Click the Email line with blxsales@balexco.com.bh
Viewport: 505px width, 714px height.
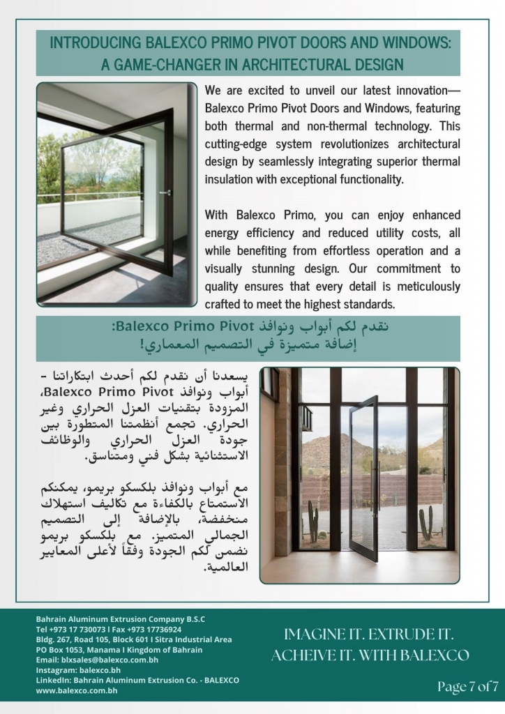tap(97, 660)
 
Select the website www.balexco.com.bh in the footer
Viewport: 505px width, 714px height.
tap(76, 690)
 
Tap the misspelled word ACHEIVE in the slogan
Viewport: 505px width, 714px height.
tap(305, 655)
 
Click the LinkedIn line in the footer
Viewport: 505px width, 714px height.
tap(137, 679)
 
